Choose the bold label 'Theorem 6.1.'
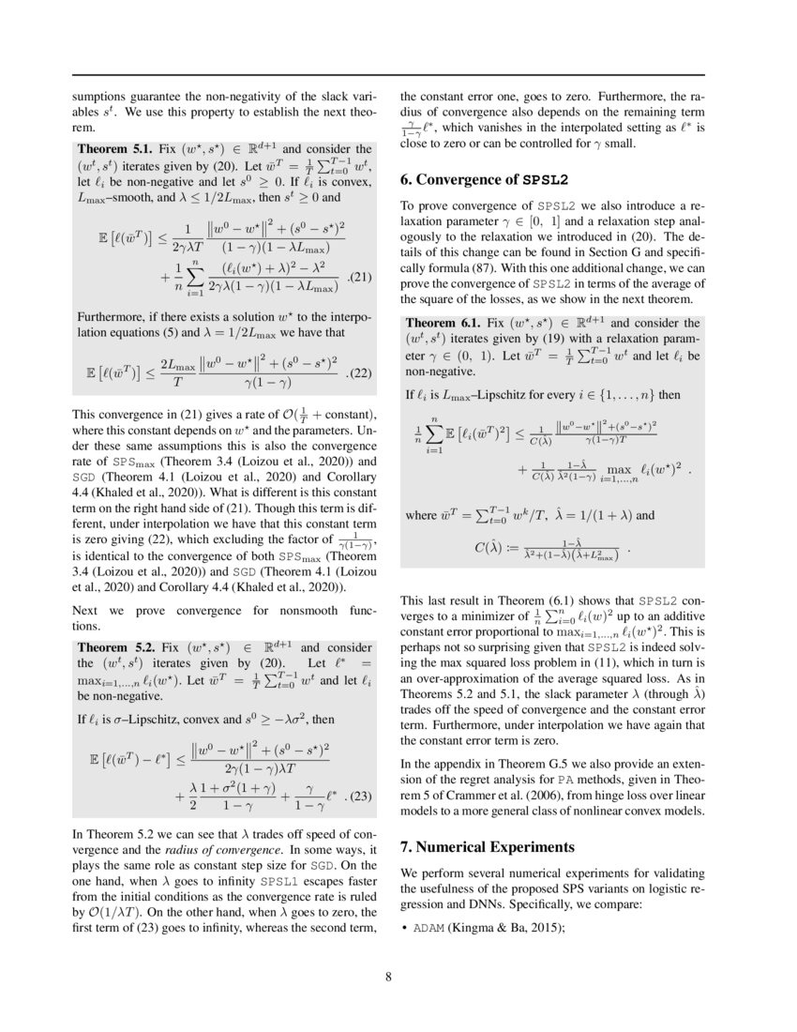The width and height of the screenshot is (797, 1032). click(442, 322)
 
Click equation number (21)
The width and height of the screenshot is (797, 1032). click(362, 278)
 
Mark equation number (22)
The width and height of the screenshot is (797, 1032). click(362, 372)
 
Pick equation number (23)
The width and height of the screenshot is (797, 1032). click(362, 799)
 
